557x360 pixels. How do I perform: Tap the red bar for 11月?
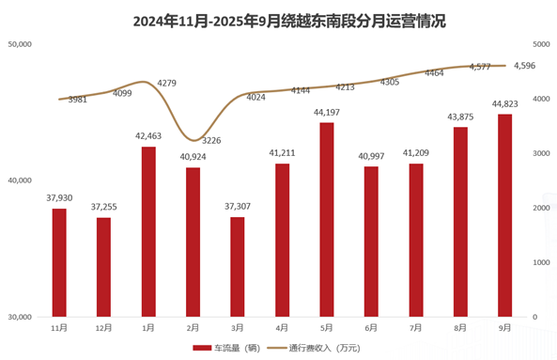59,262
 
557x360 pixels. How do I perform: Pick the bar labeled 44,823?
504,215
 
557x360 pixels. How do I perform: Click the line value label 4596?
525,66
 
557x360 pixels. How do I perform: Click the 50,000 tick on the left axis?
20,44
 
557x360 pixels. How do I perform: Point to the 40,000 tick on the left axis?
20,180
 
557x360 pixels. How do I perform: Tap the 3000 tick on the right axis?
540,153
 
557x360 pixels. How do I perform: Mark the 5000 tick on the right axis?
540,44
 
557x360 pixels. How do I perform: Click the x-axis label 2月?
193,327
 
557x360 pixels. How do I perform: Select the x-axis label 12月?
103,327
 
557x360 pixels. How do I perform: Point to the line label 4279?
167,84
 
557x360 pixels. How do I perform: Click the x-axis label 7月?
415,327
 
